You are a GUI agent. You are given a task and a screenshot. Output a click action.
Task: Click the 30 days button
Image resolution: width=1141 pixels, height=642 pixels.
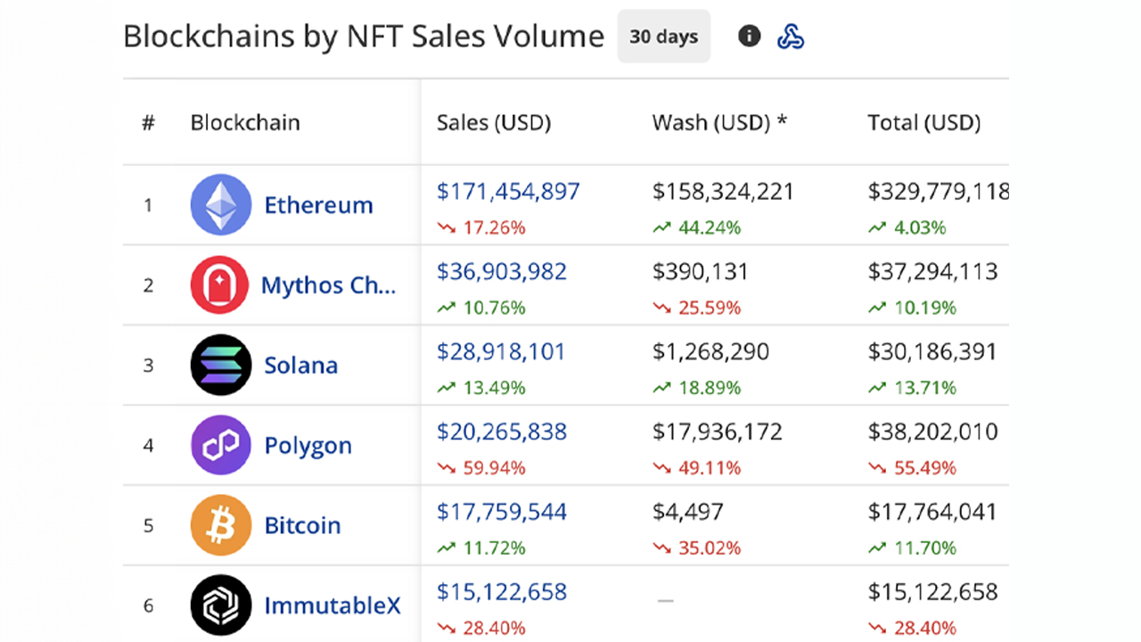663,37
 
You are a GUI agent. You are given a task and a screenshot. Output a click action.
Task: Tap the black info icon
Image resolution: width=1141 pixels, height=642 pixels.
750,37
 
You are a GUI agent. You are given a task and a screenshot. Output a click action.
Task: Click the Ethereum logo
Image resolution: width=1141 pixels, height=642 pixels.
220,204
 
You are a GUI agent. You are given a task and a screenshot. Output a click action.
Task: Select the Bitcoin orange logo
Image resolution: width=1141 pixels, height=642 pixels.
220,525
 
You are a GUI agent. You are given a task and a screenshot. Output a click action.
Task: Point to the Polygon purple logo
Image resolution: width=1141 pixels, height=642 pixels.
220,445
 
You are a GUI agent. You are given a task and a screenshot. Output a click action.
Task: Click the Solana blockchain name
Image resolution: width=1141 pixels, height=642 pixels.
300,366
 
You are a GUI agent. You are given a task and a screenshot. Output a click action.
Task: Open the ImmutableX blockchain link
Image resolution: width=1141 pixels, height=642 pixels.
332,606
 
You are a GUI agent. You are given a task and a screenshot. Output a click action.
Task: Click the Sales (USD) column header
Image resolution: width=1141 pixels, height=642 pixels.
493,123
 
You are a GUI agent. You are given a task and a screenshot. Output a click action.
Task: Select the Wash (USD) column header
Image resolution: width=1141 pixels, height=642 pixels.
719,123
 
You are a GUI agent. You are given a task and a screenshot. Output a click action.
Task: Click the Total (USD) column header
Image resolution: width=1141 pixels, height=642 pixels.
923,123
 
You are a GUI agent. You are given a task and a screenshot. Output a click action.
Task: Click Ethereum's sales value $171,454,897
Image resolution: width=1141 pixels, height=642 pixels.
508,192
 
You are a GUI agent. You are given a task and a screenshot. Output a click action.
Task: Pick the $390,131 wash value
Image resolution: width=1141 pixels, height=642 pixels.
701,272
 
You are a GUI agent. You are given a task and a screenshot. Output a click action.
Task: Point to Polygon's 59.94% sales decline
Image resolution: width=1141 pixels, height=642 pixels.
493,468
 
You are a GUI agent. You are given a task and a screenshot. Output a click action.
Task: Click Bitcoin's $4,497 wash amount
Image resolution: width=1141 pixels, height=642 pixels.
688,512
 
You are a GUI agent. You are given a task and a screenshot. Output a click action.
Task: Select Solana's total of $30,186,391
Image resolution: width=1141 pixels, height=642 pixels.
932,352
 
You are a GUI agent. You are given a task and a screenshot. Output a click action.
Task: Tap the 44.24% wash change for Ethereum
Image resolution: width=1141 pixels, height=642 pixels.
708,227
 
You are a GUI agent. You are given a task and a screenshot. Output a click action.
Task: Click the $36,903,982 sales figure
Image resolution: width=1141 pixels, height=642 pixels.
502,272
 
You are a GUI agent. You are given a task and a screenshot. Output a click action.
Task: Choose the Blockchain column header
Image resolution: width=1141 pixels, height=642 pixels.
245,123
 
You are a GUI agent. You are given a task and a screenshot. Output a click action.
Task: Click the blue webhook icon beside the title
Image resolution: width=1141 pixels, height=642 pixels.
791,37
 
